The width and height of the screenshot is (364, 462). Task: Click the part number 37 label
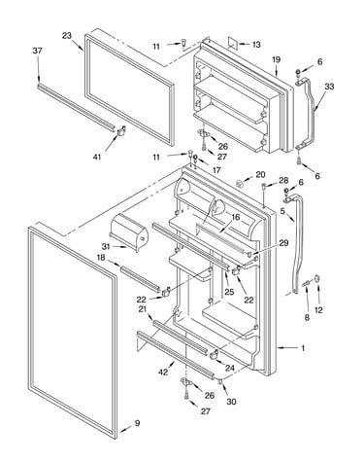pos(37,51)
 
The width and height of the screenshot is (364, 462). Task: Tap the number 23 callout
pos(67,36)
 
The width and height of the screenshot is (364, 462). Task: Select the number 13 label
pos(256,45)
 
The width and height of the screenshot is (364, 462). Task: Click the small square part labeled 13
pos(233,43)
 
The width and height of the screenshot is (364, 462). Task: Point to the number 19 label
pos(276,59)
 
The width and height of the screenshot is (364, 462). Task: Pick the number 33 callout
pos(329,87)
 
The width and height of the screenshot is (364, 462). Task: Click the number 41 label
pos(97,157)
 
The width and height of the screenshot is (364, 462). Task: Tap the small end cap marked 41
pos(120,130)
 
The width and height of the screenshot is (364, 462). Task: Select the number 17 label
pos(216,170)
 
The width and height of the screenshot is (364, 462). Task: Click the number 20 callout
pos(260,175)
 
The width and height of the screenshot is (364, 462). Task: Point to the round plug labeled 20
pos(240,184)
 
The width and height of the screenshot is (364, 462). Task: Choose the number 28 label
pos(283,180)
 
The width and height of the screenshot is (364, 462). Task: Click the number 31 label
pos(106,246)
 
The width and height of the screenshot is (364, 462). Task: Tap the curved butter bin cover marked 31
pos(129,231)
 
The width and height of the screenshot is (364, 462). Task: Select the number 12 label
pos(318,310)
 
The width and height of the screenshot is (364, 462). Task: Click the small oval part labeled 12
pos(317,279)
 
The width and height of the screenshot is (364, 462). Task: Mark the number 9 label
pos(137,423)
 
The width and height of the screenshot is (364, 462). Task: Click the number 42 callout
pos(163,372)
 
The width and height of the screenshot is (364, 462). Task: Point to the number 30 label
pos(231,402)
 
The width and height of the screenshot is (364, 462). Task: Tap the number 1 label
pos(303,348)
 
